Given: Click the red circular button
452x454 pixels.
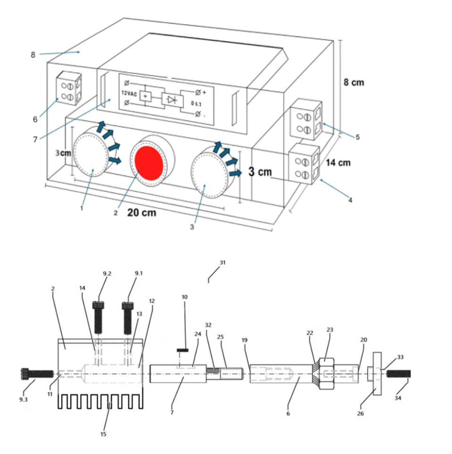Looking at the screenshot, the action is (148, 163).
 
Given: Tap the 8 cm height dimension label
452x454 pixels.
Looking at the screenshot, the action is (353, 82).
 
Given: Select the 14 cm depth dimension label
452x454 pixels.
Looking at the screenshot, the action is (338, 163).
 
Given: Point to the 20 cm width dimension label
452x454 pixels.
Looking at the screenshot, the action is (142, 212).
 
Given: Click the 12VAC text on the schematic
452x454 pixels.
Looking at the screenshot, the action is (129, 93).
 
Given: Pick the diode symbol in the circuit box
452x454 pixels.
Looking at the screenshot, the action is (172, 100).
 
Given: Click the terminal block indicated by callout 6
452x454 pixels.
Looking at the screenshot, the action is (69, 88).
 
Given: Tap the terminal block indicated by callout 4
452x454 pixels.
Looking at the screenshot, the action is (305, 164).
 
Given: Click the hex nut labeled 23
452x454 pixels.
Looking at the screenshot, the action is (326, 374).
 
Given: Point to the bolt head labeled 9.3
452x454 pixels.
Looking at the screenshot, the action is (25, 373).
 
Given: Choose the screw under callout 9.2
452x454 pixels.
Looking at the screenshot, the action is (99, 317).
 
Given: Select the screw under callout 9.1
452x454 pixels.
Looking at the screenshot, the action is (128, 318).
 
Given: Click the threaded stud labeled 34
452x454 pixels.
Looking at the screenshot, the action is (398, 374).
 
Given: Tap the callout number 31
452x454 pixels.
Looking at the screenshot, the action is (222, 262).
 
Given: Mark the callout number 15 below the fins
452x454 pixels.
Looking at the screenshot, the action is (103, 434).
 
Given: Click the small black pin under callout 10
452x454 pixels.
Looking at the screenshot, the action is (183, 350).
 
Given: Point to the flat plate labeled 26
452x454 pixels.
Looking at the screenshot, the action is (377, 374).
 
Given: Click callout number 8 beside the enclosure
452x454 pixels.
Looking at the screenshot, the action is (33, 55).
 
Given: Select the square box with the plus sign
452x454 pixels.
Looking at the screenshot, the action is (145, 96).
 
